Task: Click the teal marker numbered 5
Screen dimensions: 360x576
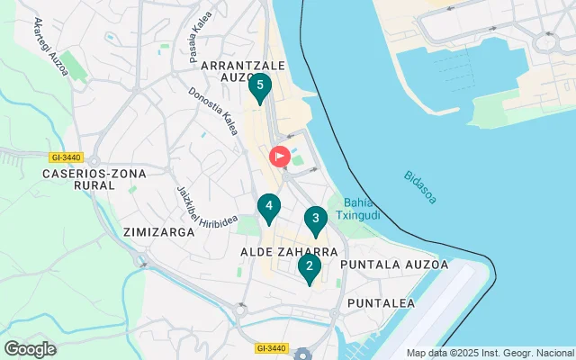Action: click(259, 87)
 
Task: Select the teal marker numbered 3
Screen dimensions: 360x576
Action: click(314, 219)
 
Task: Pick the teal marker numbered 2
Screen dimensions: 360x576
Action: click(309, 267)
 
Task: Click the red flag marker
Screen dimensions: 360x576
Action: click(280, 156)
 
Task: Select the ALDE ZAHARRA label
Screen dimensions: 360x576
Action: click(289, 253)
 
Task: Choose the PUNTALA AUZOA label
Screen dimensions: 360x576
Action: click(394, 265)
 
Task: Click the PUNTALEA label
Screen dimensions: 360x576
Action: click(381, 303)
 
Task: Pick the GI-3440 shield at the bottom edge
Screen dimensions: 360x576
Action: click(270, 348)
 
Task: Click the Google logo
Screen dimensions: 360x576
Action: click(30, 348)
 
